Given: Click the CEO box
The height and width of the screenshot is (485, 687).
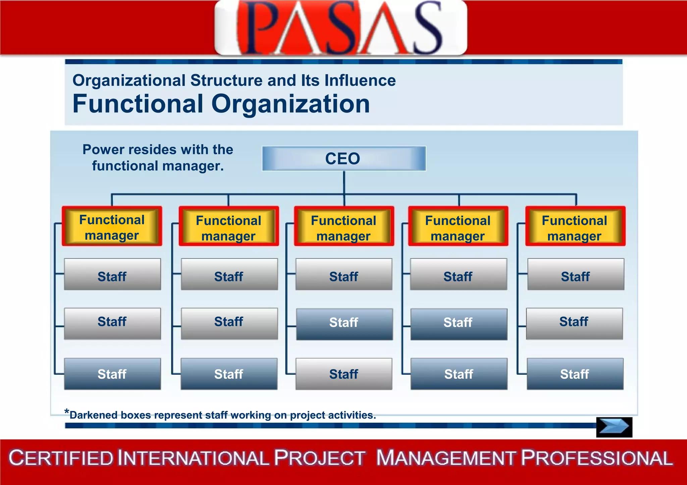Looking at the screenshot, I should (x=344, y=159).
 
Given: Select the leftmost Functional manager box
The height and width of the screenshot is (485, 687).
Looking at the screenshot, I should (x=112, y=226).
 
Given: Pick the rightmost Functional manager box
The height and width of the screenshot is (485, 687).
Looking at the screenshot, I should (x=575, y=227).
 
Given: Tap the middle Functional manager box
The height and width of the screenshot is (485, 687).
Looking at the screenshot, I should (x=344, y=227).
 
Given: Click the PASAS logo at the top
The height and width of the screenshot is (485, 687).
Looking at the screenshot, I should (x=340, y=28).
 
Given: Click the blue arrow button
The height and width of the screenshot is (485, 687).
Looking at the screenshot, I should (x=614, y=427).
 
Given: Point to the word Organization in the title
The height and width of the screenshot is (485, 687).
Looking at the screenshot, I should (x=290, y=104).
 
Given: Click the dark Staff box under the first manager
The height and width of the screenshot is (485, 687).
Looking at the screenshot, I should (x=112, y=374).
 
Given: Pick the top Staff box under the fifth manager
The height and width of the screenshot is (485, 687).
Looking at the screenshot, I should (x=576, y=274).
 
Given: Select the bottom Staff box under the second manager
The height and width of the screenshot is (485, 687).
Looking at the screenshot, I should (x=229, y=374).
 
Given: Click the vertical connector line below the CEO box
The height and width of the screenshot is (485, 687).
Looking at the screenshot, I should (x=344, y=183).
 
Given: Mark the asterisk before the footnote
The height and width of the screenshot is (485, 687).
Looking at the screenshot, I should (x=67, y=412).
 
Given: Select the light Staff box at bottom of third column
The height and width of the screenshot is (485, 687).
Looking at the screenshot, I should (x=344, y=374).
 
